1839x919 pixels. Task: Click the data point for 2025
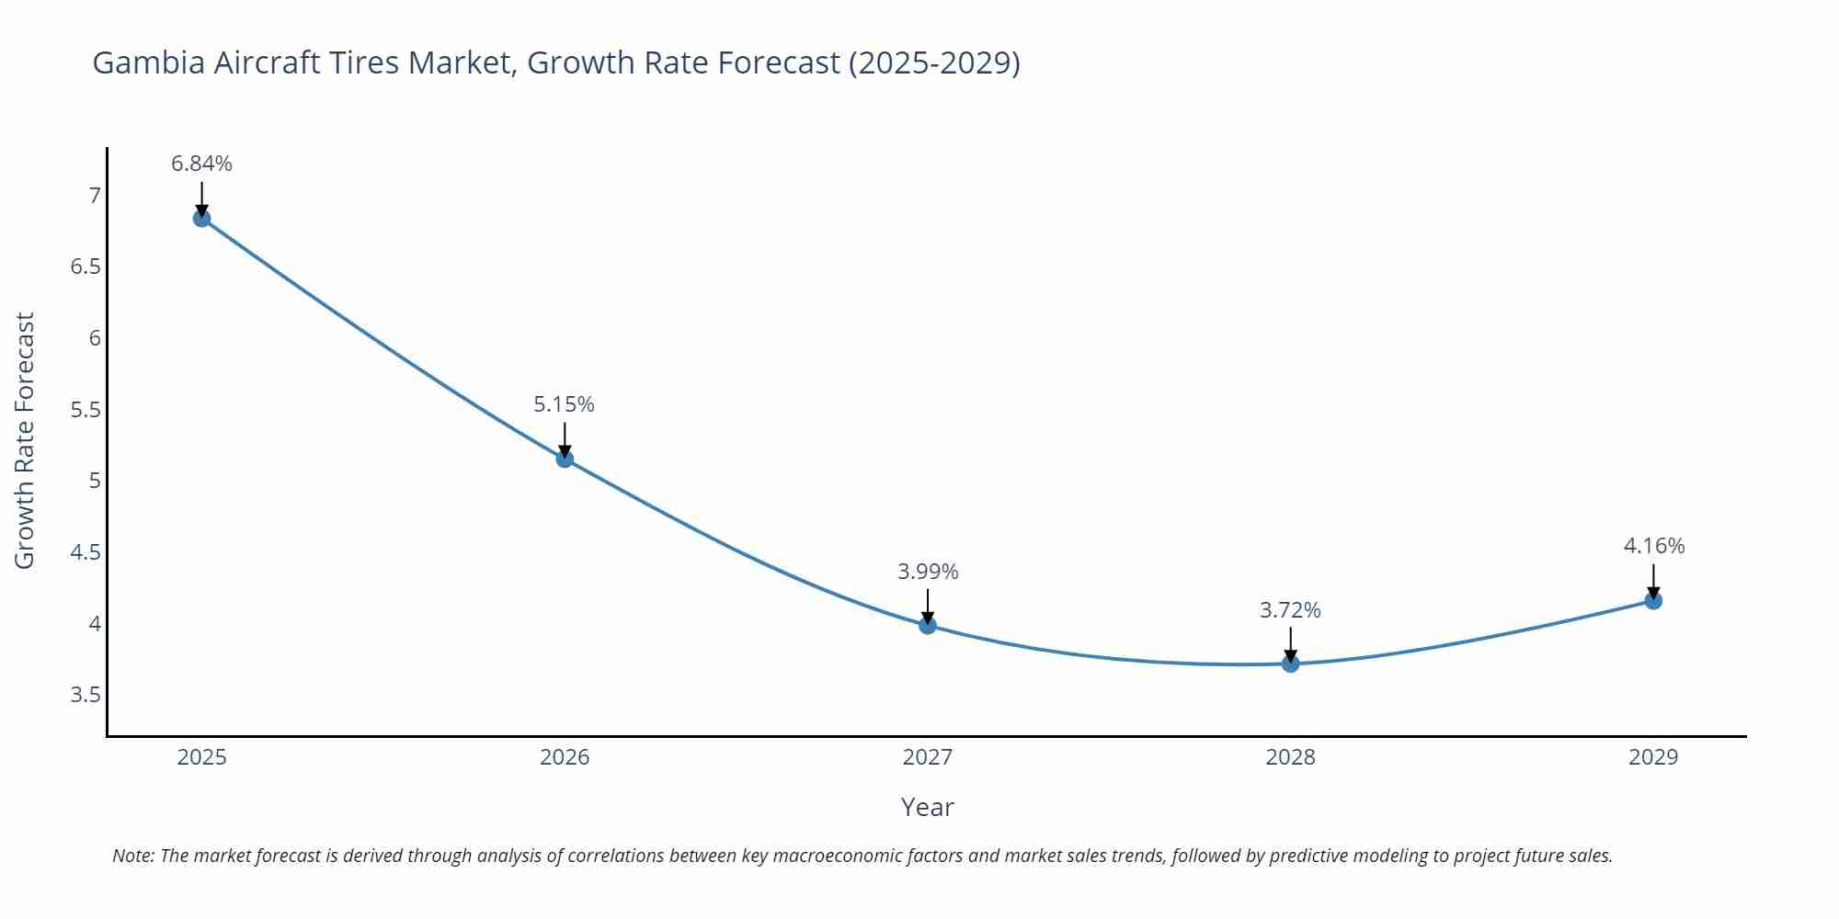[201, 218]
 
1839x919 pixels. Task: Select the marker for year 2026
[565, 459]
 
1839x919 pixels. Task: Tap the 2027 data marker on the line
[928, 625]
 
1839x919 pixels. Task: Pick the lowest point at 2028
[1290, 664]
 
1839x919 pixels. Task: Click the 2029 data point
[1653, 601]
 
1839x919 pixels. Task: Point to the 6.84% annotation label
[201, 164]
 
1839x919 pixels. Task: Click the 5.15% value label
[565, 404]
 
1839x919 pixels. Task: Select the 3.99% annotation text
[928, 572]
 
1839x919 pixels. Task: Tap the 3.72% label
[1290, 610]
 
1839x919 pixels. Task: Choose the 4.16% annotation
[1653, 546]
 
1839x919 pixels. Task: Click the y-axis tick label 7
[94, 195]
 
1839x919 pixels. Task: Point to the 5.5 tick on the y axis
[86, 409]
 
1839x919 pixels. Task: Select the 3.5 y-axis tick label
[86, 695]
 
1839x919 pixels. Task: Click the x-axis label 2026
[565, 757]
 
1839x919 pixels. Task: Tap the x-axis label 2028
[1290, 757]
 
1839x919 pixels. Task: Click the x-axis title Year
[927, 807]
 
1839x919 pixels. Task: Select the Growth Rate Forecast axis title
[25, 440]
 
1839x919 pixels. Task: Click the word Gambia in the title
[149, 63]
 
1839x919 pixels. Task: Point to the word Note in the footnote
[132, 856]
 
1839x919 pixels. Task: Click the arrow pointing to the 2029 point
[1653, 580]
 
